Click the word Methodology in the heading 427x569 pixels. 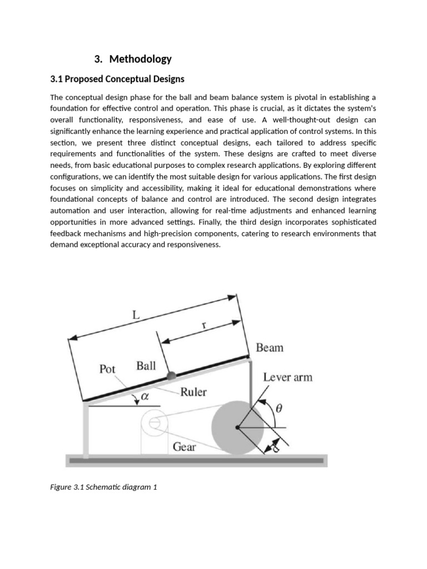click(x=141, y=59)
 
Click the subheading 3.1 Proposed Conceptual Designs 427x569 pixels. click(x=117, y=79)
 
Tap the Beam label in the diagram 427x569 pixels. click(x=269, y=348)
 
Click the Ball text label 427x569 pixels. click(x=146, y=366)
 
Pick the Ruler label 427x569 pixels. click(x=193, y=392)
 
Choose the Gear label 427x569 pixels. click(x=184, y=447)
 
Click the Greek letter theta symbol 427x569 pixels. click(x=279, y=408)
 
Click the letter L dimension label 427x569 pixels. click(x=135, y=315)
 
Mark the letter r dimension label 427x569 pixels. click(x=204, y=327)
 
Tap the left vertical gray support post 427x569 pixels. click(x=86, y=428)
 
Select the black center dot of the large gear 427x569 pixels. click(x=238, y=427)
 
